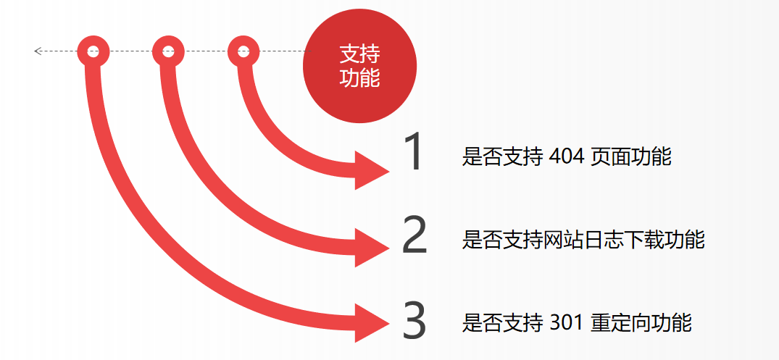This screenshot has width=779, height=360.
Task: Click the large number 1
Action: click(x=412, y=153)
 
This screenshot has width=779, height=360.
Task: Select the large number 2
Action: click(x=415, y=235)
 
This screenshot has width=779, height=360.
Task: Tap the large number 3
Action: click(x=415, y=321)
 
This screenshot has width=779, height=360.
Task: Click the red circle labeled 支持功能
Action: click(x=359, y=66)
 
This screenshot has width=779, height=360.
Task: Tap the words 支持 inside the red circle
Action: click(x=359, y=54)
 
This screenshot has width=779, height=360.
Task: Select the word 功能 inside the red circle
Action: click(x=359, y=78)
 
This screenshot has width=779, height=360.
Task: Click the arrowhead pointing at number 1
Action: click(x=372, y=172)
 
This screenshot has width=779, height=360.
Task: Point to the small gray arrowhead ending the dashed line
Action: click(x=37, y=51)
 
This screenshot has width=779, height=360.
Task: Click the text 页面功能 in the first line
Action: click(x=631, y=157)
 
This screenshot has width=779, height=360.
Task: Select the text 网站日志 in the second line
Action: click(x=583, y=240)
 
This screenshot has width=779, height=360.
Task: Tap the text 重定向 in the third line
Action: click(x=621, y=323)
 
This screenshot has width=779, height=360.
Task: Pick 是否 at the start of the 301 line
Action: click(x=482, y=323)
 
